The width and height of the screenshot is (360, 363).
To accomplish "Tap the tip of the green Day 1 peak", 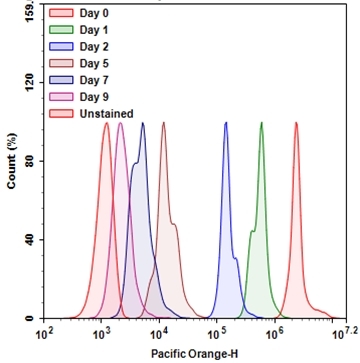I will [261, 124].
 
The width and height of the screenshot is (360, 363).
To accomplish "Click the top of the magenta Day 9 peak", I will [121, 124].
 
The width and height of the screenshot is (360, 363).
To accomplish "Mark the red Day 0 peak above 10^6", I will [297, 124].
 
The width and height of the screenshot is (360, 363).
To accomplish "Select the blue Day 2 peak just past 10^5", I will [226, 124].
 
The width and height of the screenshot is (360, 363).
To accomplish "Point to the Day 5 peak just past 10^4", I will [163, 124].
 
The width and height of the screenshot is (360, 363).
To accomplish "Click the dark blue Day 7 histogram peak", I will [143, 124].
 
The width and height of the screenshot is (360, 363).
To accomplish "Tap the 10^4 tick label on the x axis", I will [158, 333].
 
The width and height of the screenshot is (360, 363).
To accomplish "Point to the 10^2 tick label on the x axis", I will [43, 333].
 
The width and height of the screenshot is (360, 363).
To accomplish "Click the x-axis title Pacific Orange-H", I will [190, 353].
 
